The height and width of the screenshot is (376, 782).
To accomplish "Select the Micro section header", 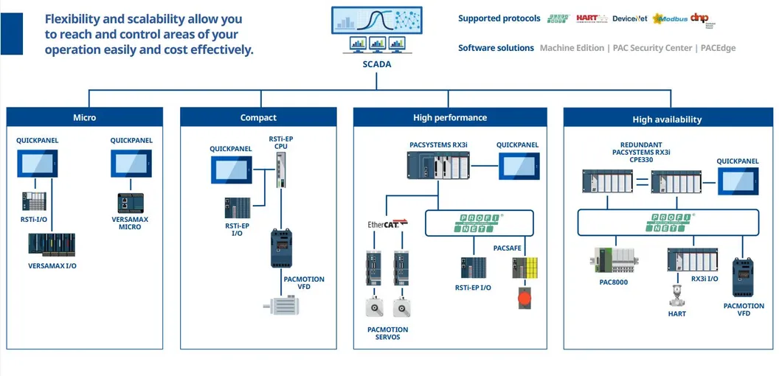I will click(x=84, y=117).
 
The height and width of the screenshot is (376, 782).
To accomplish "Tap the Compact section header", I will click(x=258, y=117).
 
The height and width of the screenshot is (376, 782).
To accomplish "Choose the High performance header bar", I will click(x=450, y=117).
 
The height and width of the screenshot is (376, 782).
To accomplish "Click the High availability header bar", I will click(x=667, y=119).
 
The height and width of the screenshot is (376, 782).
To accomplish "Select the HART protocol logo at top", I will click(x=592, y=18).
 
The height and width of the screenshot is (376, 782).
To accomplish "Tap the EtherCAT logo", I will click(x=388, y=223).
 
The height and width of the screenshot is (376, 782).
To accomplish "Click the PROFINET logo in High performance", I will click(x=479, y=223).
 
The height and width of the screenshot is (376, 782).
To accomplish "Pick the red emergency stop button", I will click(x=525, y=299).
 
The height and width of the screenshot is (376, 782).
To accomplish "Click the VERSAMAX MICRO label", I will click(x=130, y=223).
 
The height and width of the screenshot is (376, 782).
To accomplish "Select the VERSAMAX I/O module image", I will click(x=52, y=244).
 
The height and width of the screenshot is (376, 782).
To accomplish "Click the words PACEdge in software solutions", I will click(x=719, y=48).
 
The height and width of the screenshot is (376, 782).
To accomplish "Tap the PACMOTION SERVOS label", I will click(x=387, y=333).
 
